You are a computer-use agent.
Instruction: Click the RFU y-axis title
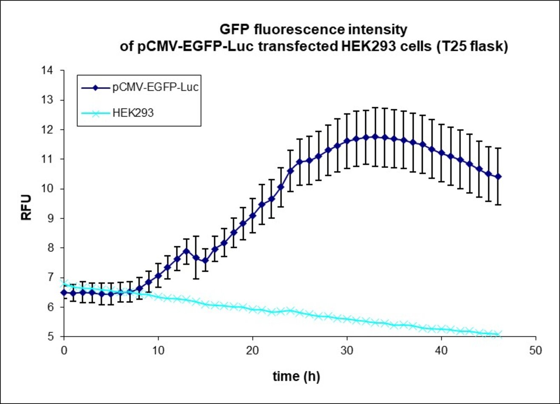[26, 207]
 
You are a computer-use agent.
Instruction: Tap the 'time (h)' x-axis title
[296, 376]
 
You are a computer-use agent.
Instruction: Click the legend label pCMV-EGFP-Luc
[156, 88]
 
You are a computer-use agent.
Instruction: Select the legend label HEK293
[133, 113]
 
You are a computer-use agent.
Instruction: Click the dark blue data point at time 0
[64, 293]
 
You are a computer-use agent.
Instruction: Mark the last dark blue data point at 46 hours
[498, 176]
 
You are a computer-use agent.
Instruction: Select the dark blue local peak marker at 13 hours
[186, 251]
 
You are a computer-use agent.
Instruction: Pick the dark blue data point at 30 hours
[347, 141]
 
